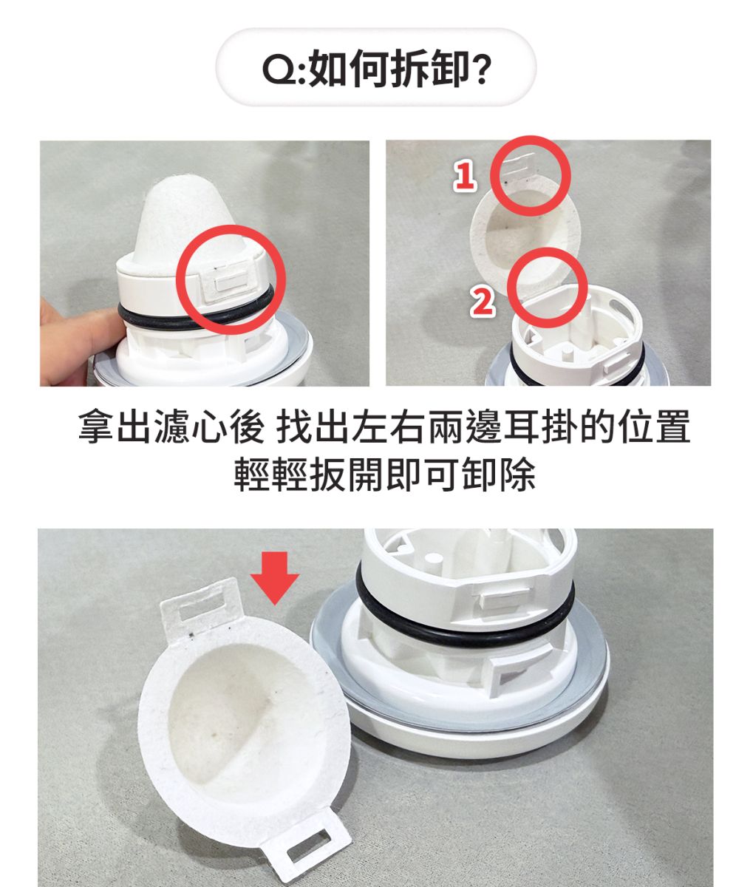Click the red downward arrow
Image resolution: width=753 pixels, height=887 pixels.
click(275, 577)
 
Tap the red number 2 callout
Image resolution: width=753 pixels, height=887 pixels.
click(483, 302)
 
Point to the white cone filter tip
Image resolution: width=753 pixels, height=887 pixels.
click(191, 223)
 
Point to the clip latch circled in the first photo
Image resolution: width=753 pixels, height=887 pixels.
click(227, 281)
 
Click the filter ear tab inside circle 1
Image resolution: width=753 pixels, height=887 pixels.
click(520, 164)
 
